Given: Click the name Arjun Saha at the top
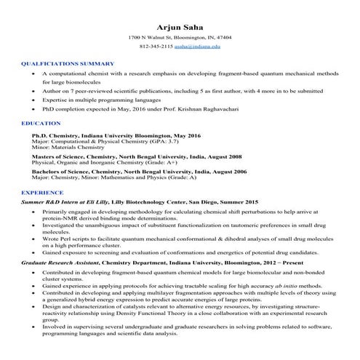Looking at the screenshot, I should [179, 27].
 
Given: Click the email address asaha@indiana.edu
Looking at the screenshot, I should [198, 46].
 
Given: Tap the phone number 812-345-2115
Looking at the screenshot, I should [156, 46].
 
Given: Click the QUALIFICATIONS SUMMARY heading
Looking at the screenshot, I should [68, 64].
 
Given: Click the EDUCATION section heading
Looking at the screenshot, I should [41, 124].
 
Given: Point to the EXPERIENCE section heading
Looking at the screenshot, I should [43, 191].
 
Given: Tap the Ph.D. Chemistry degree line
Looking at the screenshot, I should [105, 136].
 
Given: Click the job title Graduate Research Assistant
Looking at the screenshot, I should [63, 260].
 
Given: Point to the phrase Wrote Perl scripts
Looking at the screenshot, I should [65, 238].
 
